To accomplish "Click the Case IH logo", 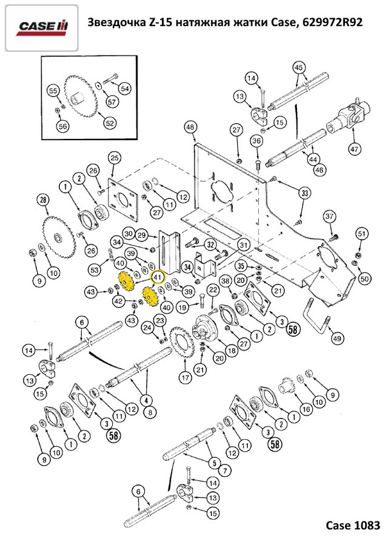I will click(x=42, y=27).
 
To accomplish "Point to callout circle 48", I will click(x=190, y=127).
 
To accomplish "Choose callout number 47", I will click(x=354, y=149).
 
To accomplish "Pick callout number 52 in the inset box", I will click(x=109, y=123).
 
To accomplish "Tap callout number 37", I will click(x=329, y=216).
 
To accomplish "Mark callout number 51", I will click(x=362, y=233).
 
